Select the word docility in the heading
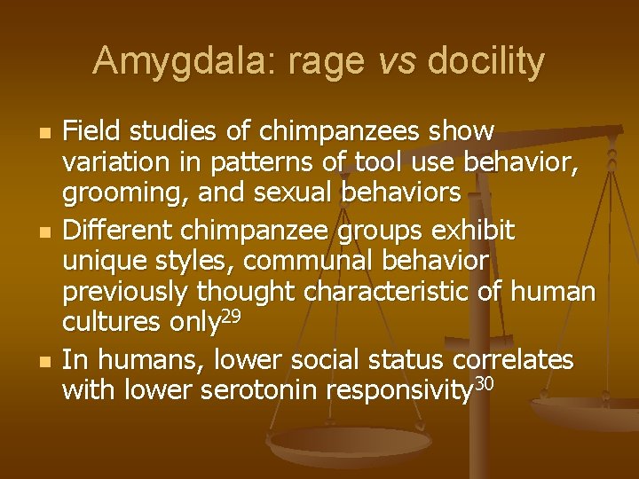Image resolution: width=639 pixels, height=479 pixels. [x=485, y=61]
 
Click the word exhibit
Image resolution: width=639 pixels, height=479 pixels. [x=476, y=232]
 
